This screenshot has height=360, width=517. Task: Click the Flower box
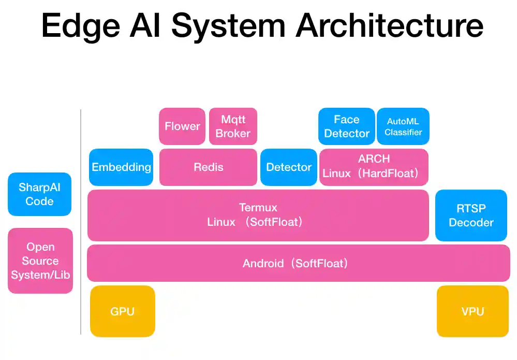coord(182,126)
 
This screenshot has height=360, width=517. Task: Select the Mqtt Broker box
coord(233,126)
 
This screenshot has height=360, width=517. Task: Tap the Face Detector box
coord(346,126)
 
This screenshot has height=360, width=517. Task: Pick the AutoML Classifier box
coord(403,126)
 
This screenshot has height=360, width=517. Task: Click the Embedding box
coord(121,167)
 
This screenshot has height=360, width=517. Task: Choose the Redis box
coord(208,167)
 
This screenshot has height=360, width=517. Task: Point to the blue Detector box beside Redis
coord(289,167)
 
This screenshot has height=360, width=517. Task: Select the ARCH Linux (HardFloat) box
coord(374,167)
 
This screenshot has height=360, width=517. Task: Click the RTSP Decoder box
coord(471,215)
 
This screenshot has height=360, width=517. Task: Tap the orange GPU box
coord(123,311)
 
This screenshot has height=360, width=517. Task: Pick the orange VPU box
coord(472,311)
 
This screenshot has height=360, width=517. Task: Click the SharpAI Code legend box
coord(39,194)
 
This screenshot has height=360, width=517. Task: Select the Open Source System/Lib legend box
coord(40,261)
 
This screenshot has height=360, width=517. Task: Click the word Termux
coord(258,208)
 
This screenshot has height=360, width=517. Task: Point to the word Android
coord(263,264)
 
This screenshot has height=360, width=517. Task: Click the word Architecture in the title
coord(390,26)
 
